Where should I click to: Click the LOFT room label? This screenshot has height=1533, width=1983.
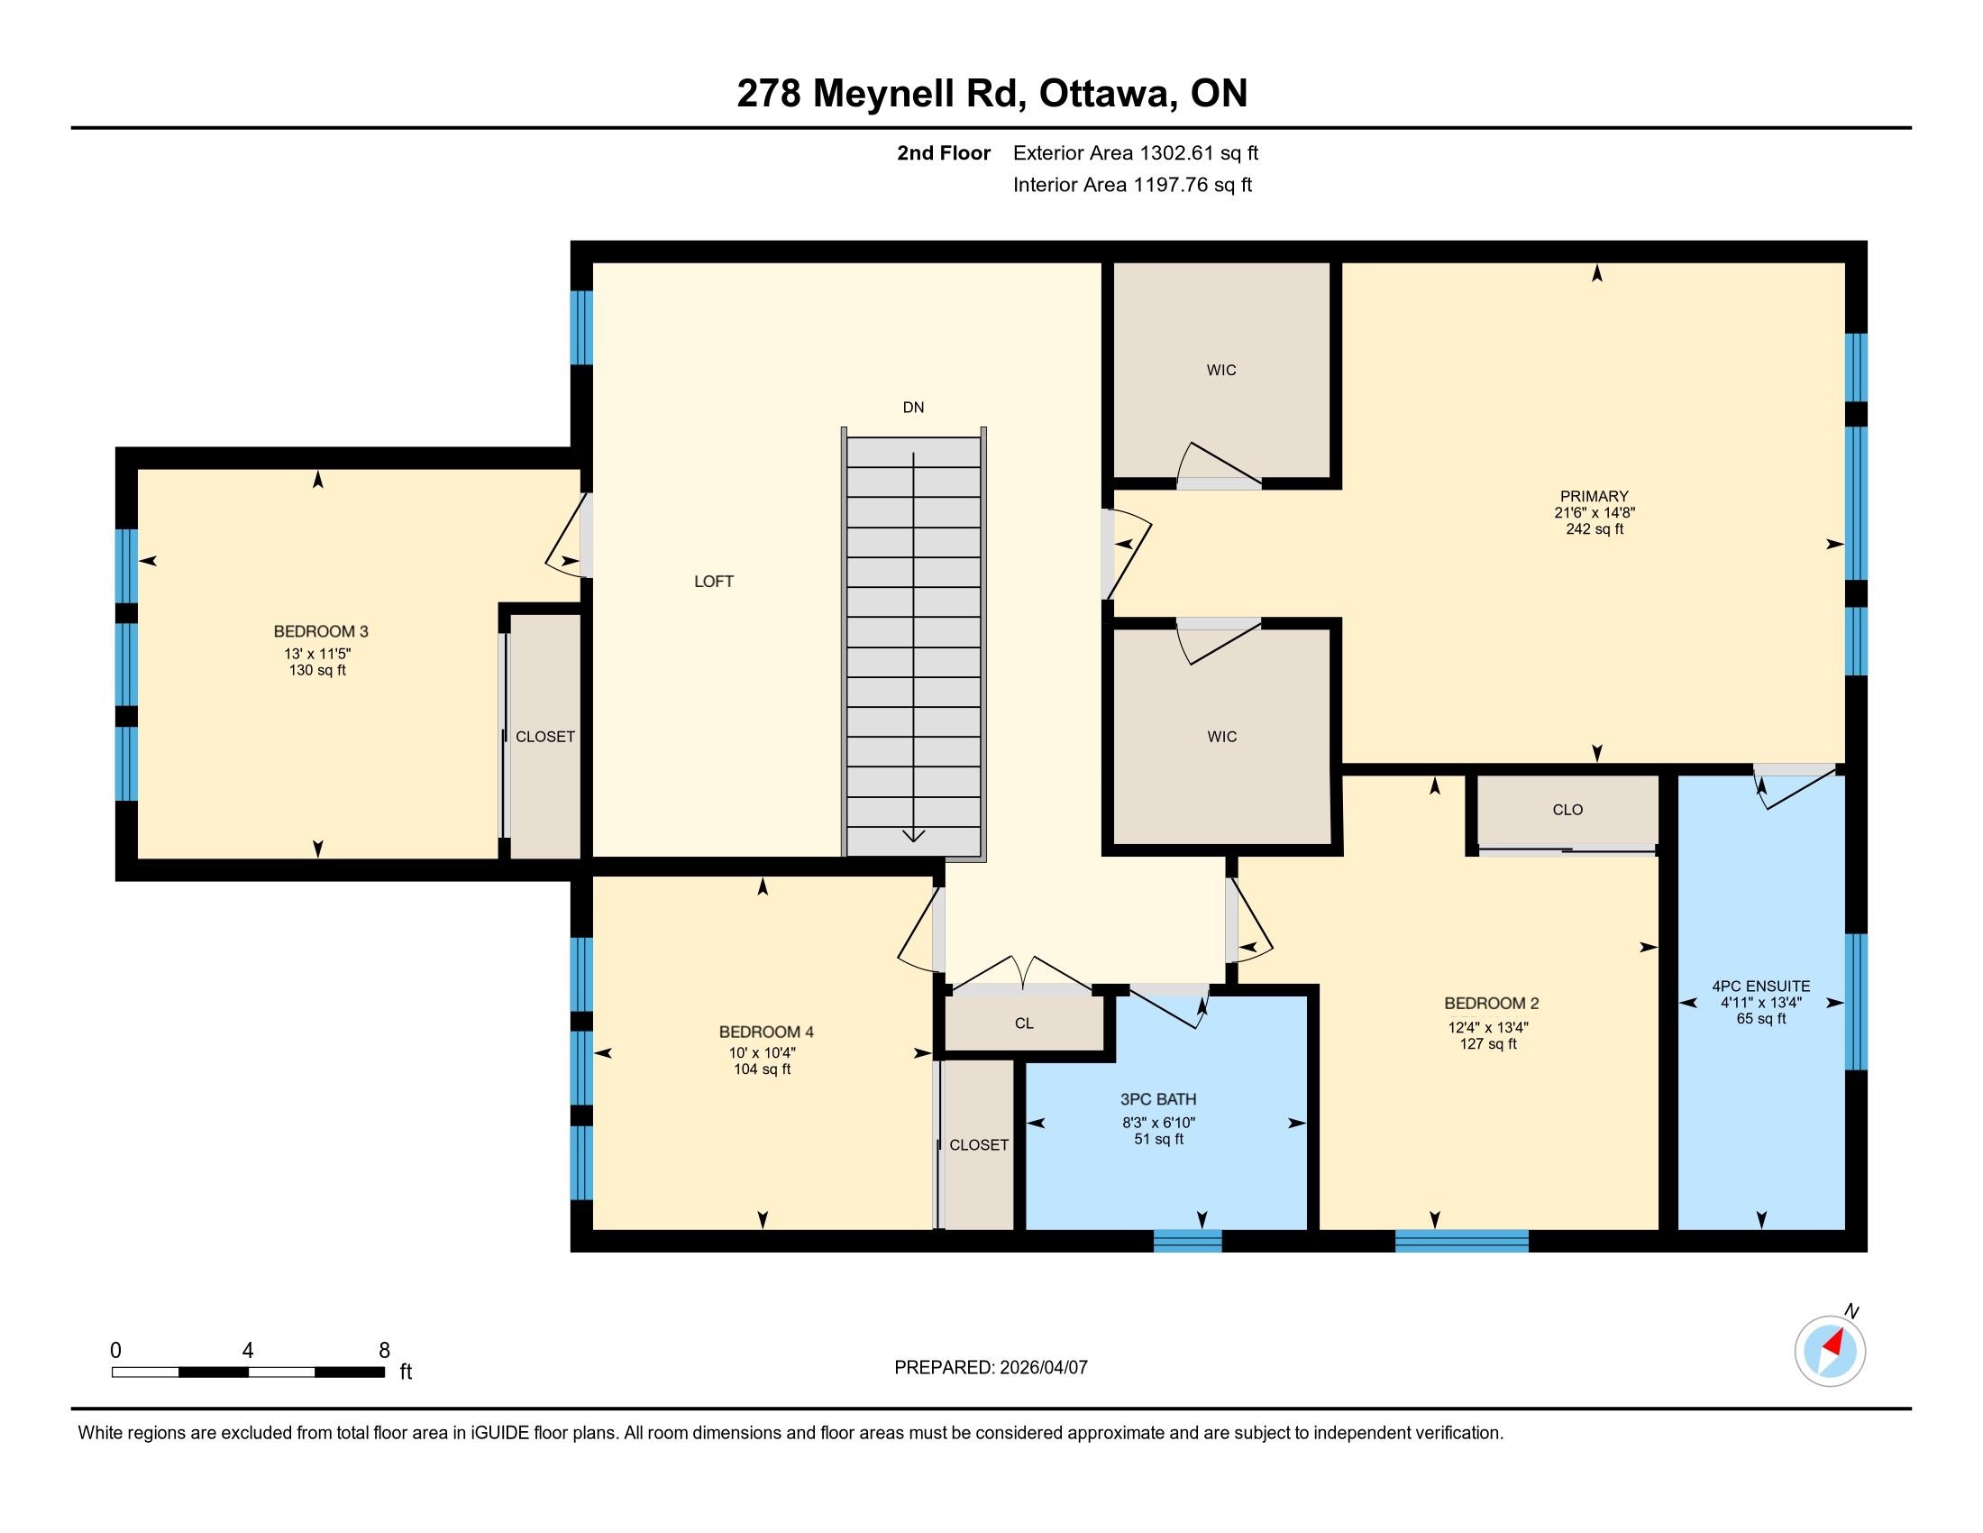click(x=714, y=582)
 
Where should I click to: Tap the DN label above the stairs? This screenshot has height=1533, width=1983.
click(x=913, y=408)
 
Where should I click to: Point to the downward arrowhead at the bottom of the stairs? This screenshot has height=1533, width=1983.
click(x=913, y=836)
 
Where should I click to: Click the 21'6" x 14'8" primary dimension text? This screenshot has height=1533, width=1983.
click(x=1595, y=513)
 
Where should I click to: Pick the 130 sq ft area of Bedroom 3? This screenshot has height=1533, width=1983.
click(x=317, y=671)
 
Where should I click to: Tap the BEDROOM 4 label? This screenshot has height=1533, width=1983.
click(x=766, y=1032)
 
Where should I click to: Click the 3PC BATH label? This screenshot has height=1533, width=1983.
click(x=1158, y=1100)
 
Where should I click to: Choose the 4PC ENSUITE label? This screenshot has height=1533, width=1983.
click(x=1761, y=987)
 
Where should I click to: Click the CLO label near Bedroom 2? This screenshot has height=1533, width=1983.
click(x=1568, y=810)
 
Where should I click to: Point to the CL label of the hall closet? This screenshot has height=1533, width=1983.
click(x=1024, y=1024)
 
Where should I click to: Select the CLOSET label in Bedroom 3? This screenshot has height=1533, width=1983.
click(x=544, y=737)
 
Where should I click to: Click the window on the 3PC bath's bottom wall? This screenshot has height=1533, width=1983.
click(x=1188, y=1241)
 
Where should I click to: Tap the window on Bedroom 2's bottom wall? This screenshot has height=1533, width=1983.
click(x=1462, y=1241)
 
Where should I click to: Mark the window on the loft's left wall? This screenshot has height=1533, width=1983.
click(x=581, y=328)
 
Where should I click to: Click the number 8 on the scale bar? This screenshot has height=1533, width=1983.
click(x=384, y=1351)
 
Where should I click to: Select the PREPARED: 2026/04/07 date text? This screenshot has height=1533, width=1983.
click(x=991, y=1368)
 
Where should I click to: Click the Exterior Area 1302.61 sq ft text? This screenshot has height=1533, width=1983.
click(x=1136, y=153)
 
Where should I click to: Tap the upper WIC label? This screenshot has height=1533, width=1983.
click(x=1221, y=371)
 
